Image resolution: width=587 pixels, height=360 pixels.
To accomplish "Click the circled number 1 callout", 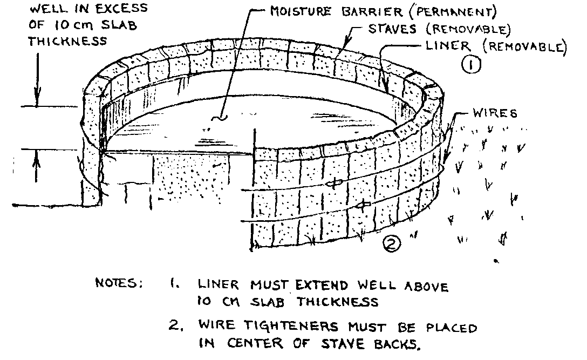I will click(x=471, y=66).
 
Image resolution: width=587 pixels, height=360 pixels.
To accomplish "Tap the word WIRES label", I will click(x=494, y=113).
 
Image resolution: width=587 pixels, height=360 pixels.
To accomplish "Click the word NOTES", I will click(x=118, y=284).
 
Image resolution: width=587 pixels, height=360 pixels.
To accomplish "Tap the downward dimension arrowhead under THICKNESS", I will click(x=37, y=100).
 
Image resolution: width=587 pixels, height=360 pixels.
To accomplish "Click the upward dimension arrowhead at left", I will click(x=37, y=155).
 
